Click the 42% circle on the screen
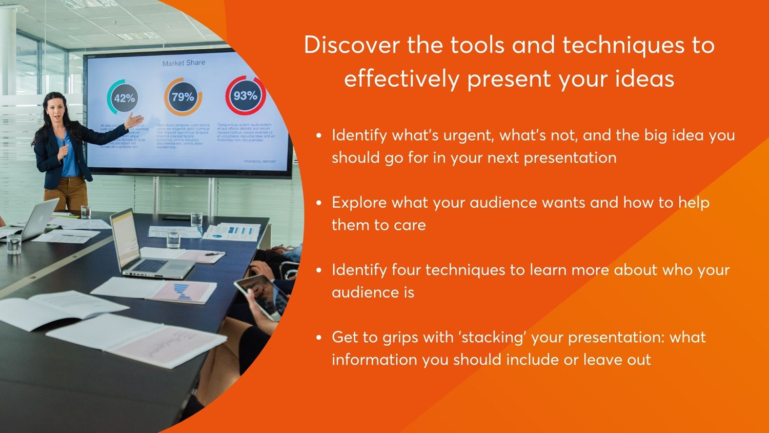click(124, 98)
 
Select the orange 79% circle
click(183, 97)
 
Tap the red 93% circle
click(246, 95)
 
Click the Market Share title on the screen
click(184, 63)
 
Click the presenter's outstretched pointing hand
click(135, 122)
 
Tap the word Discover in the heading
click(351, 45)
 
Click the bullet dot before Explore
click(319, 203)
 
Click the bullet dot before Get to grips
click(319, 338)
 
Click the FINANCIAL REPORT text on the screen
click(260, 162)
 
